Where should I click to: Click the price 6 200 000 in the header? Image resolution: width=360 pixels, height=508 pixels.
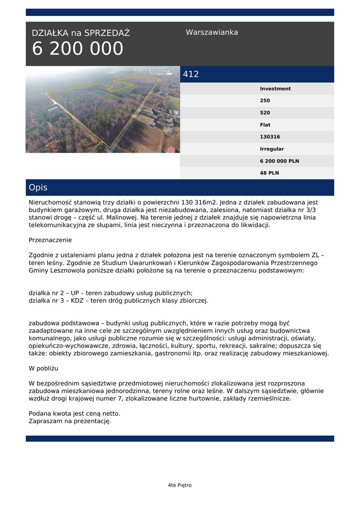(77, 49)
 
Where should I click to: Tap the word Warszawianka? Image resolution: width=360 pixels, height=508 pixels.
(212, 32)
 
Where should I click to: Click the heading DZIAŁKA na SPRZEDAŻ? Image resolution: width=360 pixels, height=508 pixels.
(80, 33)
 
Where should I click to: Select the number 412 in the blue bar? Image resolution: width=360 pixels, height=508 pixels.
(191, 74)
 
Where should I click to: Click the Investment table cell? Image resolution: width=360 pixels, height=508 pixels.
(275, 89)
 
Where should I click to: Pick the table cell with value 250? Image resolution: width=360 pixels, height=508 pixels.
(265, 101)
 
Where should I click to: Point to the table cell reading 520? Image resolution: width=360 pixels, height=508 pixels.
(265, 113)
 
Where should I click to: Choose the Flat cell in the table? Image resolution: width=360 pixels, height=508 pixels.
(265, 125)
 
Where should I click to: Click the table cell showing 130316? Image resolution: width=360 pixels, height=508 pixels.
(270, 137)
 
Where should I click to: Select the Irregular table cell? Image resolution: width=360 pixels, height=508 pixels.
(272, 149)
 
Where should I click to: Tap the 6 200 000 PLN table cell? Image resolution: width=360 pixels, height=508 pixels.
(279, 161)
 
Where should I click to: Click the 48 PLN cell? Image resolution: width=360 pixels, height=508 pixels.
(269, 173)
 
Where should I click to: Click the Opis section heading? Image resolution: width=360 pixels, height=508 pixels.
(38, 188)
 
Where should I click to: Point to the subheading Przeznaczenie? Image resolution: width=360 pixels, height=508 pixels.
(50, 240)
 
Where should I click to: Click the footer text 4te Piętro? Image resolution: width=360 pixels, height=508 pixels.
(180, 485)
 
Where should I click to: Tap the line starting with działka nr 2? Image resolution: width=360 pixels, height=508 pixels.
(110, 293)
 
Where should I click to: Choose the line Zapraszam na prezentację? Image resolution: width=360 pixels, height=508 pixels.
(70, 421)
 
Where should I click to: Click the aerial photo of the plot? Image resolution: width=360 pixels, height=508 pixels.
(103, 110)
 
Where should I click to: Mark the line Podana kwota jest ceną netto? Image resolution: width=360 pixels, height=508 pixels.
(74, 413)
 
